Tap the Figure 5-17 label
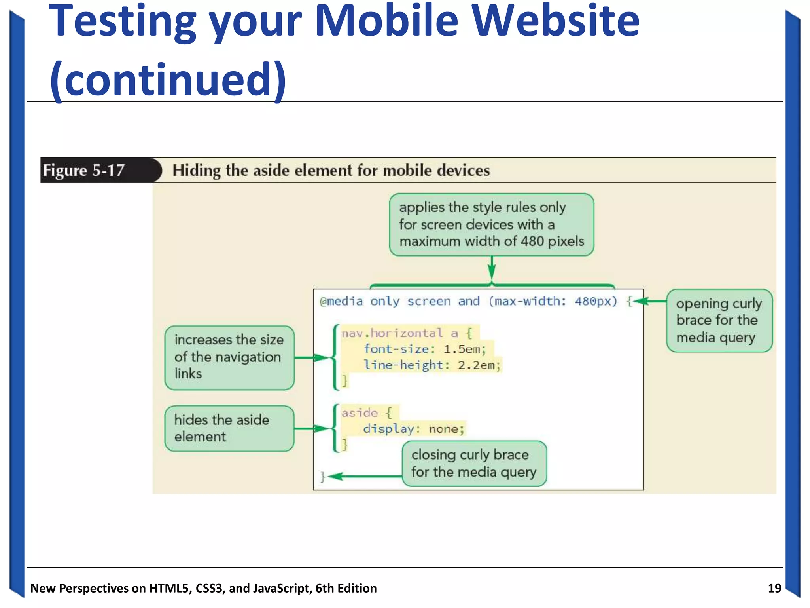pyautogui.click(x=84, y=171)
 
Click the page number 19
pyautogui.click(x=774, y=588)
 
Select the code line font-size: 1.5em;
pyautogui.click(x=424, y=349)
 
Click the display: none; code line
pyautogui.click(x=413, y=429)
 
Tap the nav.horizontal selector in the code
pyautogui.click(x=392, y=333)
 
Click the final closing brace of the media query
pyautogui.click(x=323, y=477)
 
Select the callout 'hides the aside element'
pyautogui.click(x=229, y=428)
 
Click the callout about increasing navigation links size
pyautogui.click(x=229, y=357)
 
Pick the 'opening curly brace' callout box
pyautogui.click(x=719, y=321)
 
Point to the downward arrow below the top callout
pyautogui.click(x=492, y=269)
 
